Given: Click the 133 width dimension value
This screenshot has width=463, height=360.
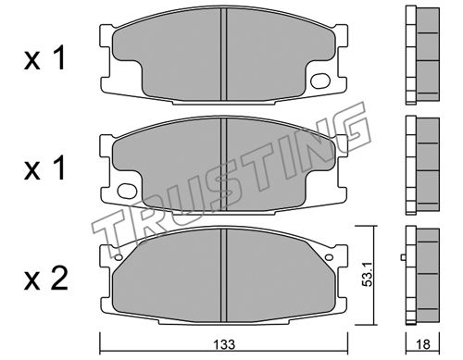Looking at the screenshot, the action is pyautogui.click(x=224, y=344).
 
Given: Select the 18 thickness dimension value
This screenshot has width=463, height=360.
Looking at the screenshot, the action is pyautogui.click(x=422, y=344).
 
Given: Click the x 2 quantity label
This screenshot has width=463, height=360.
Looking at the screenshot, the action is pyautogui.click(x=45, y=279).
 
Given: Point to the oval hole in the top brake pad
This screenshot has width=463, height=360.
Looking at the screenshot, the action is pyautogui.click(x=320, y=81).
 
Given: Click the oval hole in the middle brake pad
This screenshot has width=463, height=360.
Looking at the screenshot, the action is pyautogui.click(x=127, y=191).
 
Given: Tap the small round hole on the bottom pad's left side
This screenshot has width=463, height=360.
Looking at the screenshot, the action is pyautogui.click(x=119, y=257).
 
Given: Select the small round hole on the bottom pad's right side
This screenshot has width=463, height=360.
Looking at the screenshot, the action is pyautogui.click(x=329, y=257).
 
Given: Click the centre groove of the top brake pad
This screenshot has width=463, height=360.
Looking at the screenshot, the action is pyautogui.click(x=224, y=55).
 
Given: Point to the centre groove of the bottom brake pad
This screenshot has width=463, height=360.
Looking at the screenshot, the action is pyautogui.click(x=224, y=276).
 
